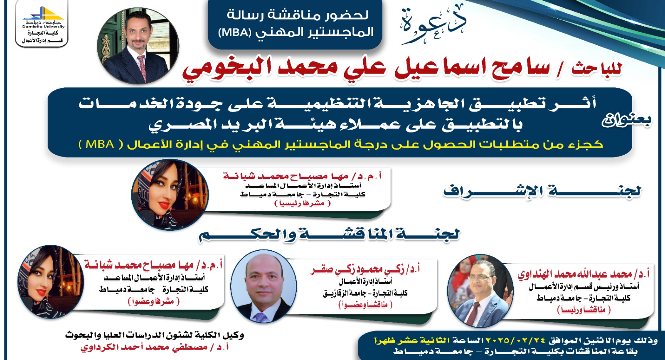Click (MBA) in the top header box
point(233,32)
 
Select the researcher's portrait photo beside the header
point(138,46)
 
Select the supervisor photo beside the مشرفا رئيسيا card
point(170,195)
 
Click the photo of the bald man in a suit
point(264,286)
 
